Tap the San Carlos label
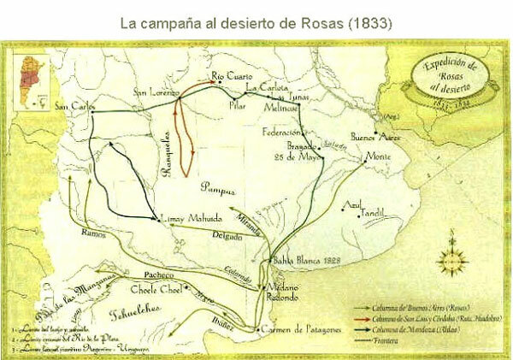[72, 108]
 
